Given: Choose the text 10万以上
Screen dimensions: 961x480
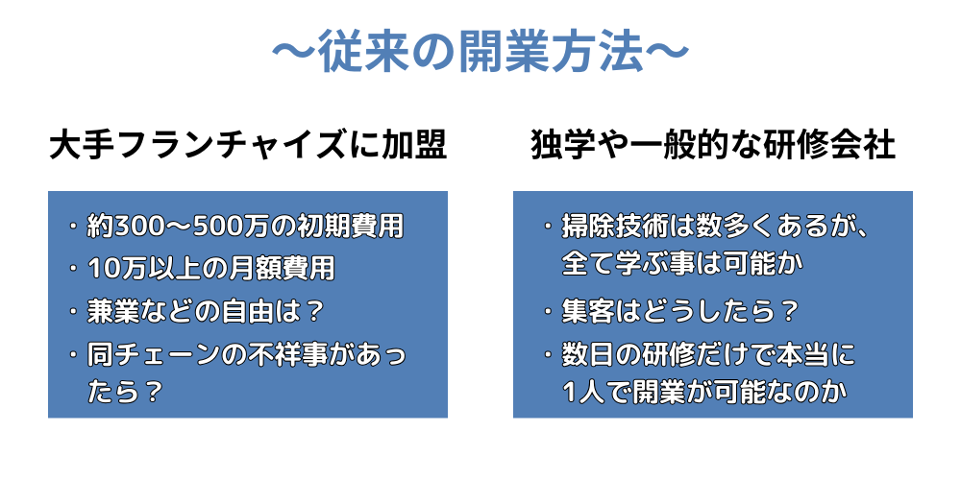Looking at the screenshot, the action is click(x=140, y=269).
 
